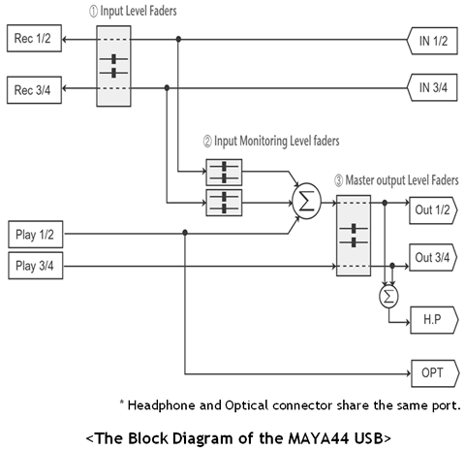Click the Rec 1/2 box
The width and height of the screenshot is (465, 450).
pyautogui.click(x=34, y=38)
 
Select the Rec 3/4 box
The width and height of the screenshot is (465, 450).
pyautogui.click(x=34, y=90)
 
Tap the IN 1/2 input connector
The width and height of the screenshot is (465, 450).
pyautogui.click(x=432, y=41)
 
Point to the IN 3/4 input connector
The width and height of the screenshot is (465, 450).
pyautogui.click(x=432, y=87)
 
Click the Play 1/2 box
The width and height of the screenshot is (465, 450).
pyautogui.click(x=36, y=235)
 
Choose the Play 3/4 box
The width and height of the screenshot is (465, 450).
pyautogui.click(x=36, y=266)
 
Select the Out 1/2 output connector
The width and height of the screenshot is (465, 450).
pyautogui.click(x=433, y=210)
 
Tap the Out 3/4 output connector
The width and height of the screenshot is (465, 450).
pyautogui.click(x=433, y=257)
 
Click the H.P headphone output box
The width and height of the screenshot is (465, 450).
pyautogui.click(x=434, y=320)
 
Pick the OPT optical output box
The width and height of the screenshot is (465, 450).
pyautogui.click(x=435, y=373)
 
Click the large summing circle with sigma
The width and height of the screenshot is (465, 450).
pyautogui.click(x=306, y=201)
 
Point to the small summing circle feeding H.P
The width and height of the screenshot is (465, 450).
pyautogui.click(x=388, y=296)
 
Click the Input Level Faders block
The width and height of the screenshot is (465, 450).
pyautogui.click(x=113, y=66)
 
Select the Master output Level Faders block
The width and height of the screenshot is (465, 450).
pyautogui.click(x=354, y=236)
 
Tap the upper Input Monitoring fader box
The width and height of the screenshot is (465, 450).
pyautogui.click(x=224, y=172)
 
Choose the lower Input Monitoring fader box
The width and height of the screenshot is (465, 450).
pyautogui.click(x=224, y=203)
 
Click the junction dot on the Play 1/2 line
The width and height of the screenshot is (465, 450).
pyautogui.click(x=185, y=233)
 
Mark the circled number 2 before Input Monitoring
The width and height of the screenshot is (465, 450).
pyautogui.click(x=207, y=142)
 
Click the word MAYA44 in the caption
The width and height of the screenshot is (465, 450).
pyautogui.click(x=318, y=438)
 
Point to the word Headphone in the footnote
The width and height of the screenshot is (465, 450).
pyautogui.click(x=161, y=405)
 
